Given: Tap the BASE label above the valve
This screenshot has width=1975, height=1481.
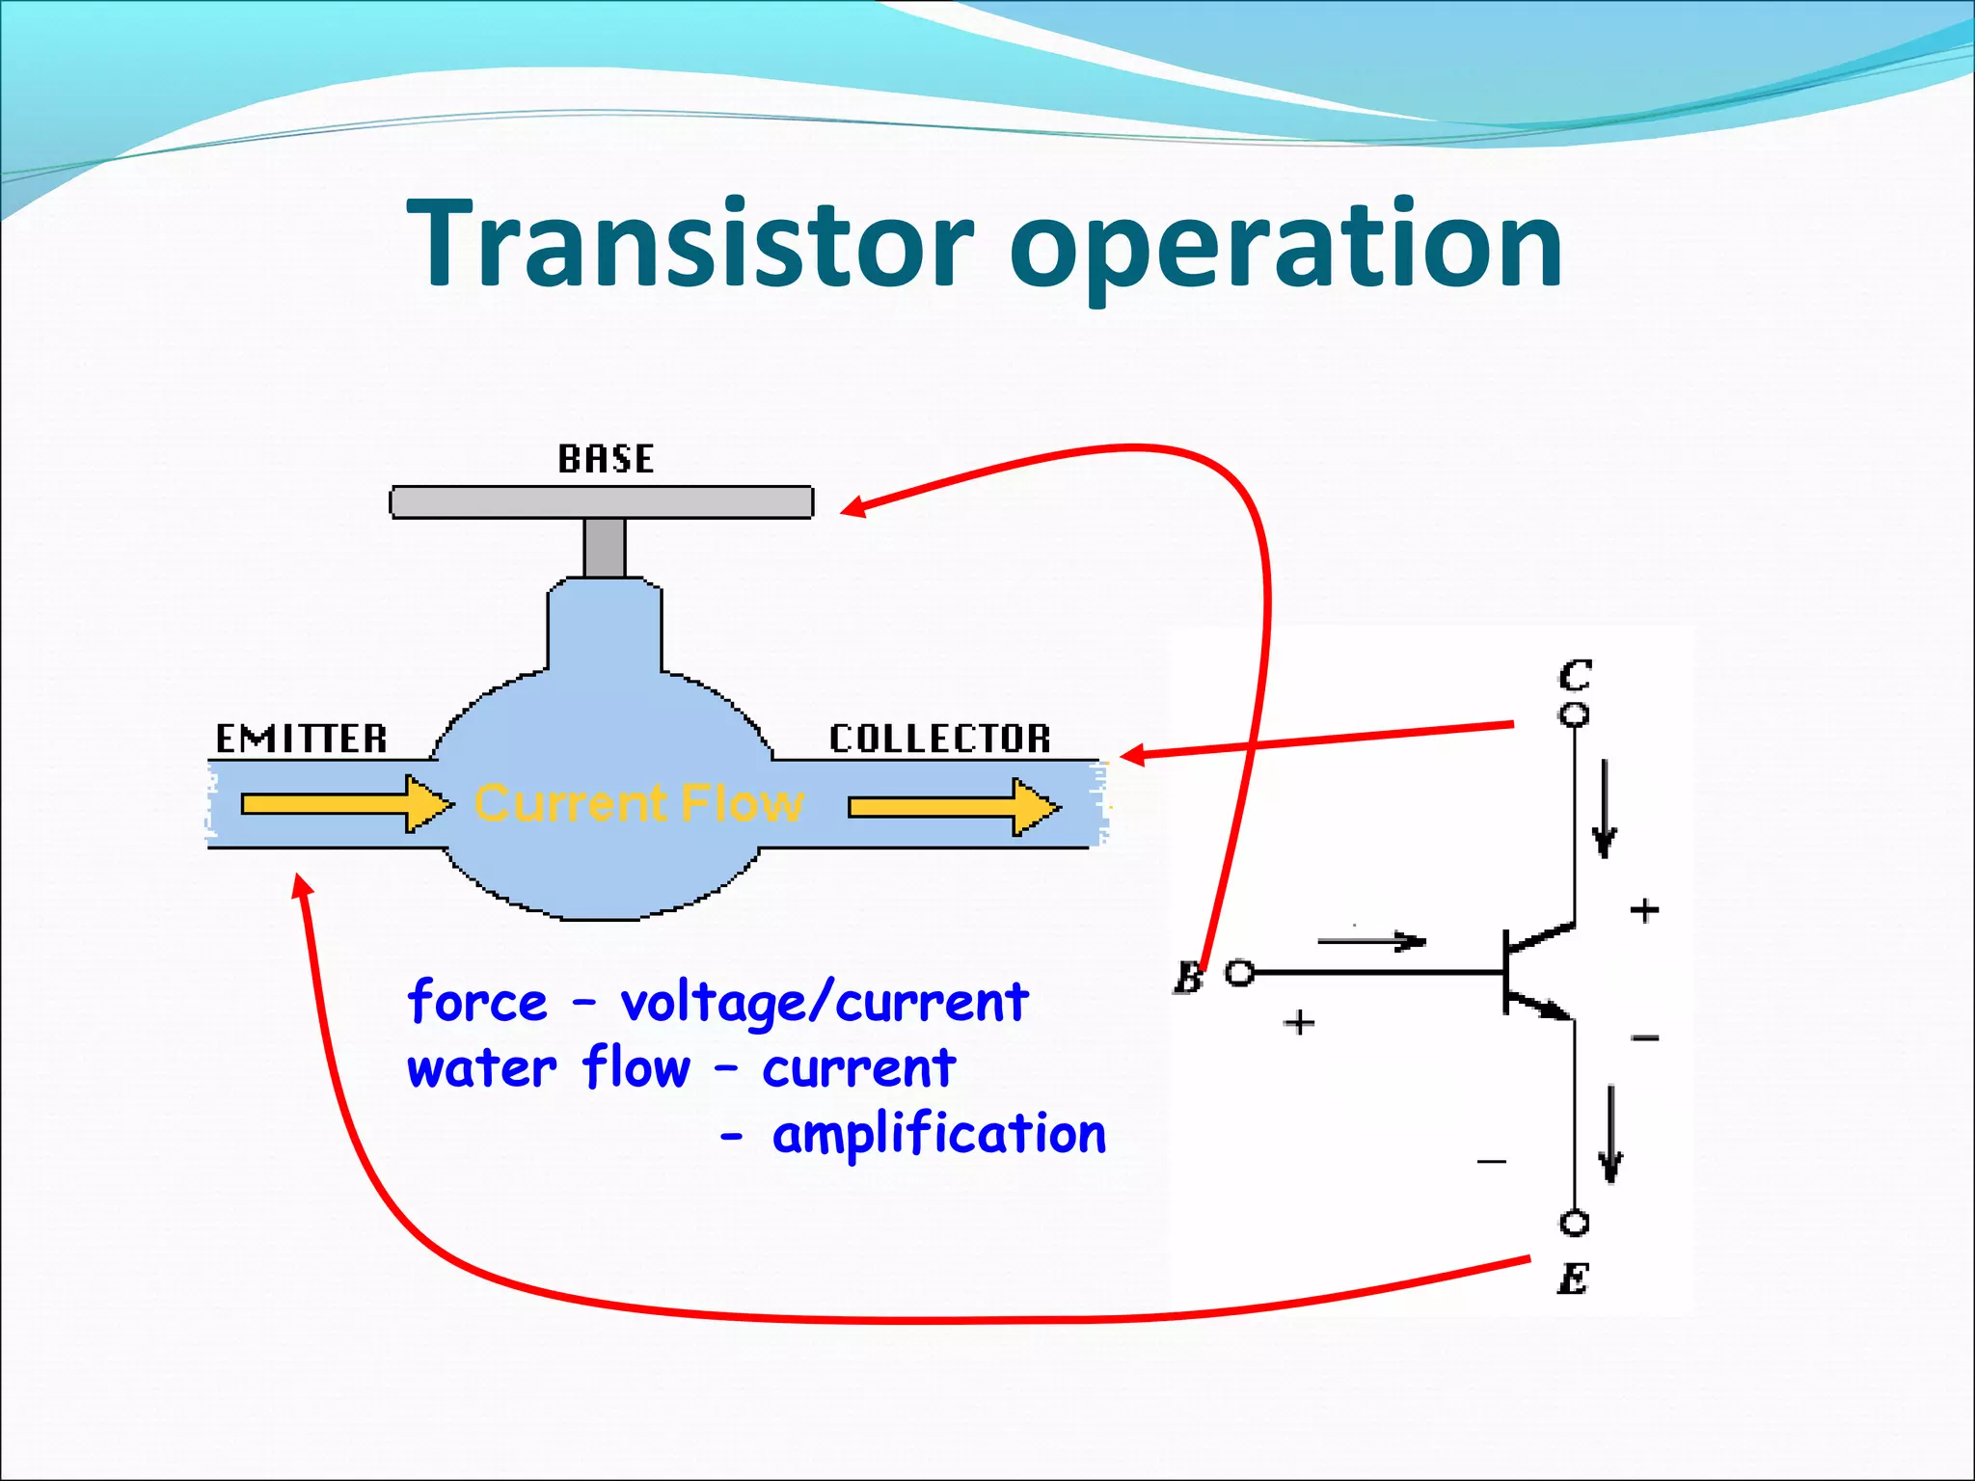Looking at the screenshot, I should click(606, 459).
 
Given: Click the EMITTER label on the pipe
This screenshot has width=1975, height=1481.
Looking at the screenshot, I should click(301, 739).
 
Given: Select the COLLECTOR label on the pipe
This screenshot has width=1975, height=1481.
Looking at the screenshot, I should click(939, 739).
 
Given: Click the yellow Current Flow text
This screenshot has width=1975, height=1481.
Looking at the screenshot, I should click(638, 803).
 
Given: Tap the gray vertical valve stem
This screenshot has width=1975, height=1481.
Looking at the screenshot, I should click(605, 547).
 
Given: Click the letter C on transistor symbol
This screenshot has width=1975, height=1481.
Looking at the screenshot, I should click(1575, 675).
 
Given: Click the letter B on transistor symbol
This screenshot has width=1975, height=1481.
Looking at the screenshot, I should click(1188, 978).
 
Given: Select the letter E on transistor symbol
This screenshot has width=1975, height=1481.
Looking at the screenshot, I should click(1573, 1279).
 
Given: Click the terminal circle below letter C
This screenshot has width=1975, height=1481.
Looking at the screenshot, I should click(1574, 715).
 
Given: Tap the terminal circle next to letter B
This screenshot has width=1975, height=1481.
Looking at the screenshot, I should click(1240, 973).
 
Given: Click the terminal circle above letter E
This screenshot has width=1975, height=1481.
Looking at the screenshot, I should click(1574, 1224).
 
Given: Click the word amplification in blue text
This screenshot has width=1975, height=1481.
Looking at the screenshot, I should click(938, 1134).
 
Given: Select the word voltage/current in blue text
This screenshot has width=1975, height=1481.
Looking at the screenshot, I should click(825, 1003).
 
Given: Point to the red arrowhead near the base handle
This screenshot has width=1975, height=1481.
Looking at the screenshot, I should click(853, 506).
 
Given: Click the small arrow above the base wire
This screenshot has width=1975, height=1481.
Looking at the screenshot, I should click(1371, 941).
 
